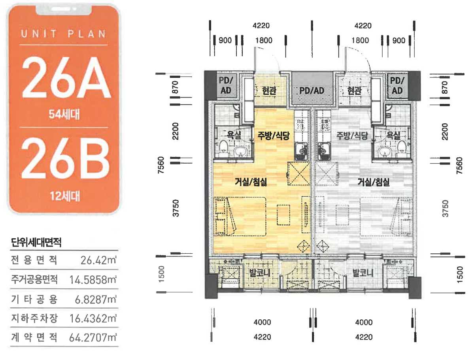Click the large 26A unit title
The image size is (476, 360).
(x=66, y=77)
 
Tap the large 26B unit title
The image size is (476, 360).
(x=65, y=159)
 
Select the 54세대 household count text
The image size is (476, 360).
(x=64, y=114)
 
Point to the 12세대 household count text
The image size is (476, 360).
(x=65, y=196)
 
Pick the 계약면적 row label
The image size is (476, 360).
(x=34, y=337)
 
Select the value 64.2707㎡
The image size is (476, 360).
(x=93, y=337)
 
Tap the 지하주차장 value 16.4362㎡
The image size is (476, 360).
(x=93, y=319)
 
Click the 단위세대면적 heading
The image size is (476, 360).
(x=36, y=242)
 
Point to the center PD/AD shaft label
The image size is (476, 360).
(x=312, y=91)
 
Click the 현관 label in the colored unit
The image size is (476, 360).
(x=269, y=90)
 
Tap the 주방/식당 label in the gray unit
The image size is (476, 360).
(x=352, y=136)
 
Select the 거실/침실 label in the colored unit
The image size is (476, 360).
(x=251, y=182)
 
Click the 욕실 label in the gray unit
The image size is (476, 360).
(x=394, y=136)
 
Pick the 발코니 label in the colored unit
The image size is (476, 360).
(x=260, y=273)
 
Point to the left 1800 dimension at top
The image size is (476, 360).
(x=264, y=40)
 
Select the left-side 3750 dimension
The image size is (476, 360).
(x=176, y=208)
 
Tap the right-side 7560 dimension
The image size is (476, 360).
(x=459, y=165)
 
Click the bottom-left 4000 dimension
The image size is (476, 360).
(x=262, y=322)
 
